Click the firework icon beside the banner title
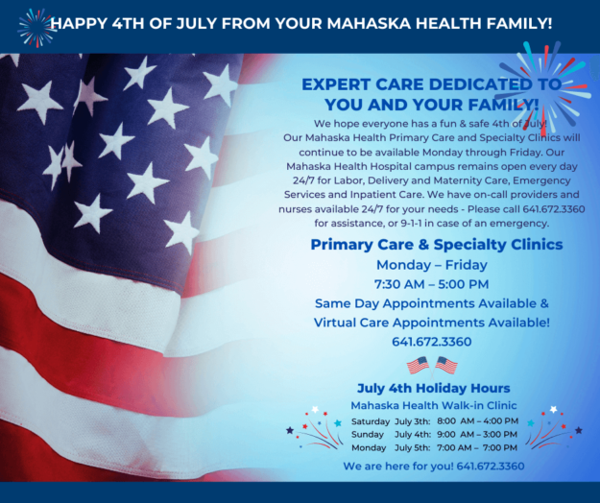point(36,28)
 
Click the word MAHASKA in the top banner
point(369,23)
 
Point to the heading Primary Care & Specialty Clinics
point(437,244)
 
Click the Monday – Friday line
point(432,265)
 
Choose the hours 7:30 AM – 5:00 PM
point(431,284)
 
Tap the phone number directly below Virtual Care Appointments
point(432,342)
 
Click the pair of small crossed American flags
point(432,366)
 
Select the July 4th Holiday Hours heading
point(434,388)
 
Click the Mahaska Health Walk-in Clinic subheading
point(434,405)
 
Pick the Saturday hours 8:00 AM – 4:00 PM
point(477,421)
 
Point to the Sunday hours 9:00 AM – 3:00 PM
point(477,435)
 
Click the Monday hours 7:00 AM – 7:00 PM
point(477,447)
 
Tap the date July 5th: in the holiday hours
point(412,448)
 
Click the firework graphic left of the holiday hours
point(315,427)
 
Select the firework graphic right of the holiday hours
point(554,427)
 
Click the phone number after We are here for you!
point(491,466)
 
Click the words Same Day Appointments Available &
point(432,303)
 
